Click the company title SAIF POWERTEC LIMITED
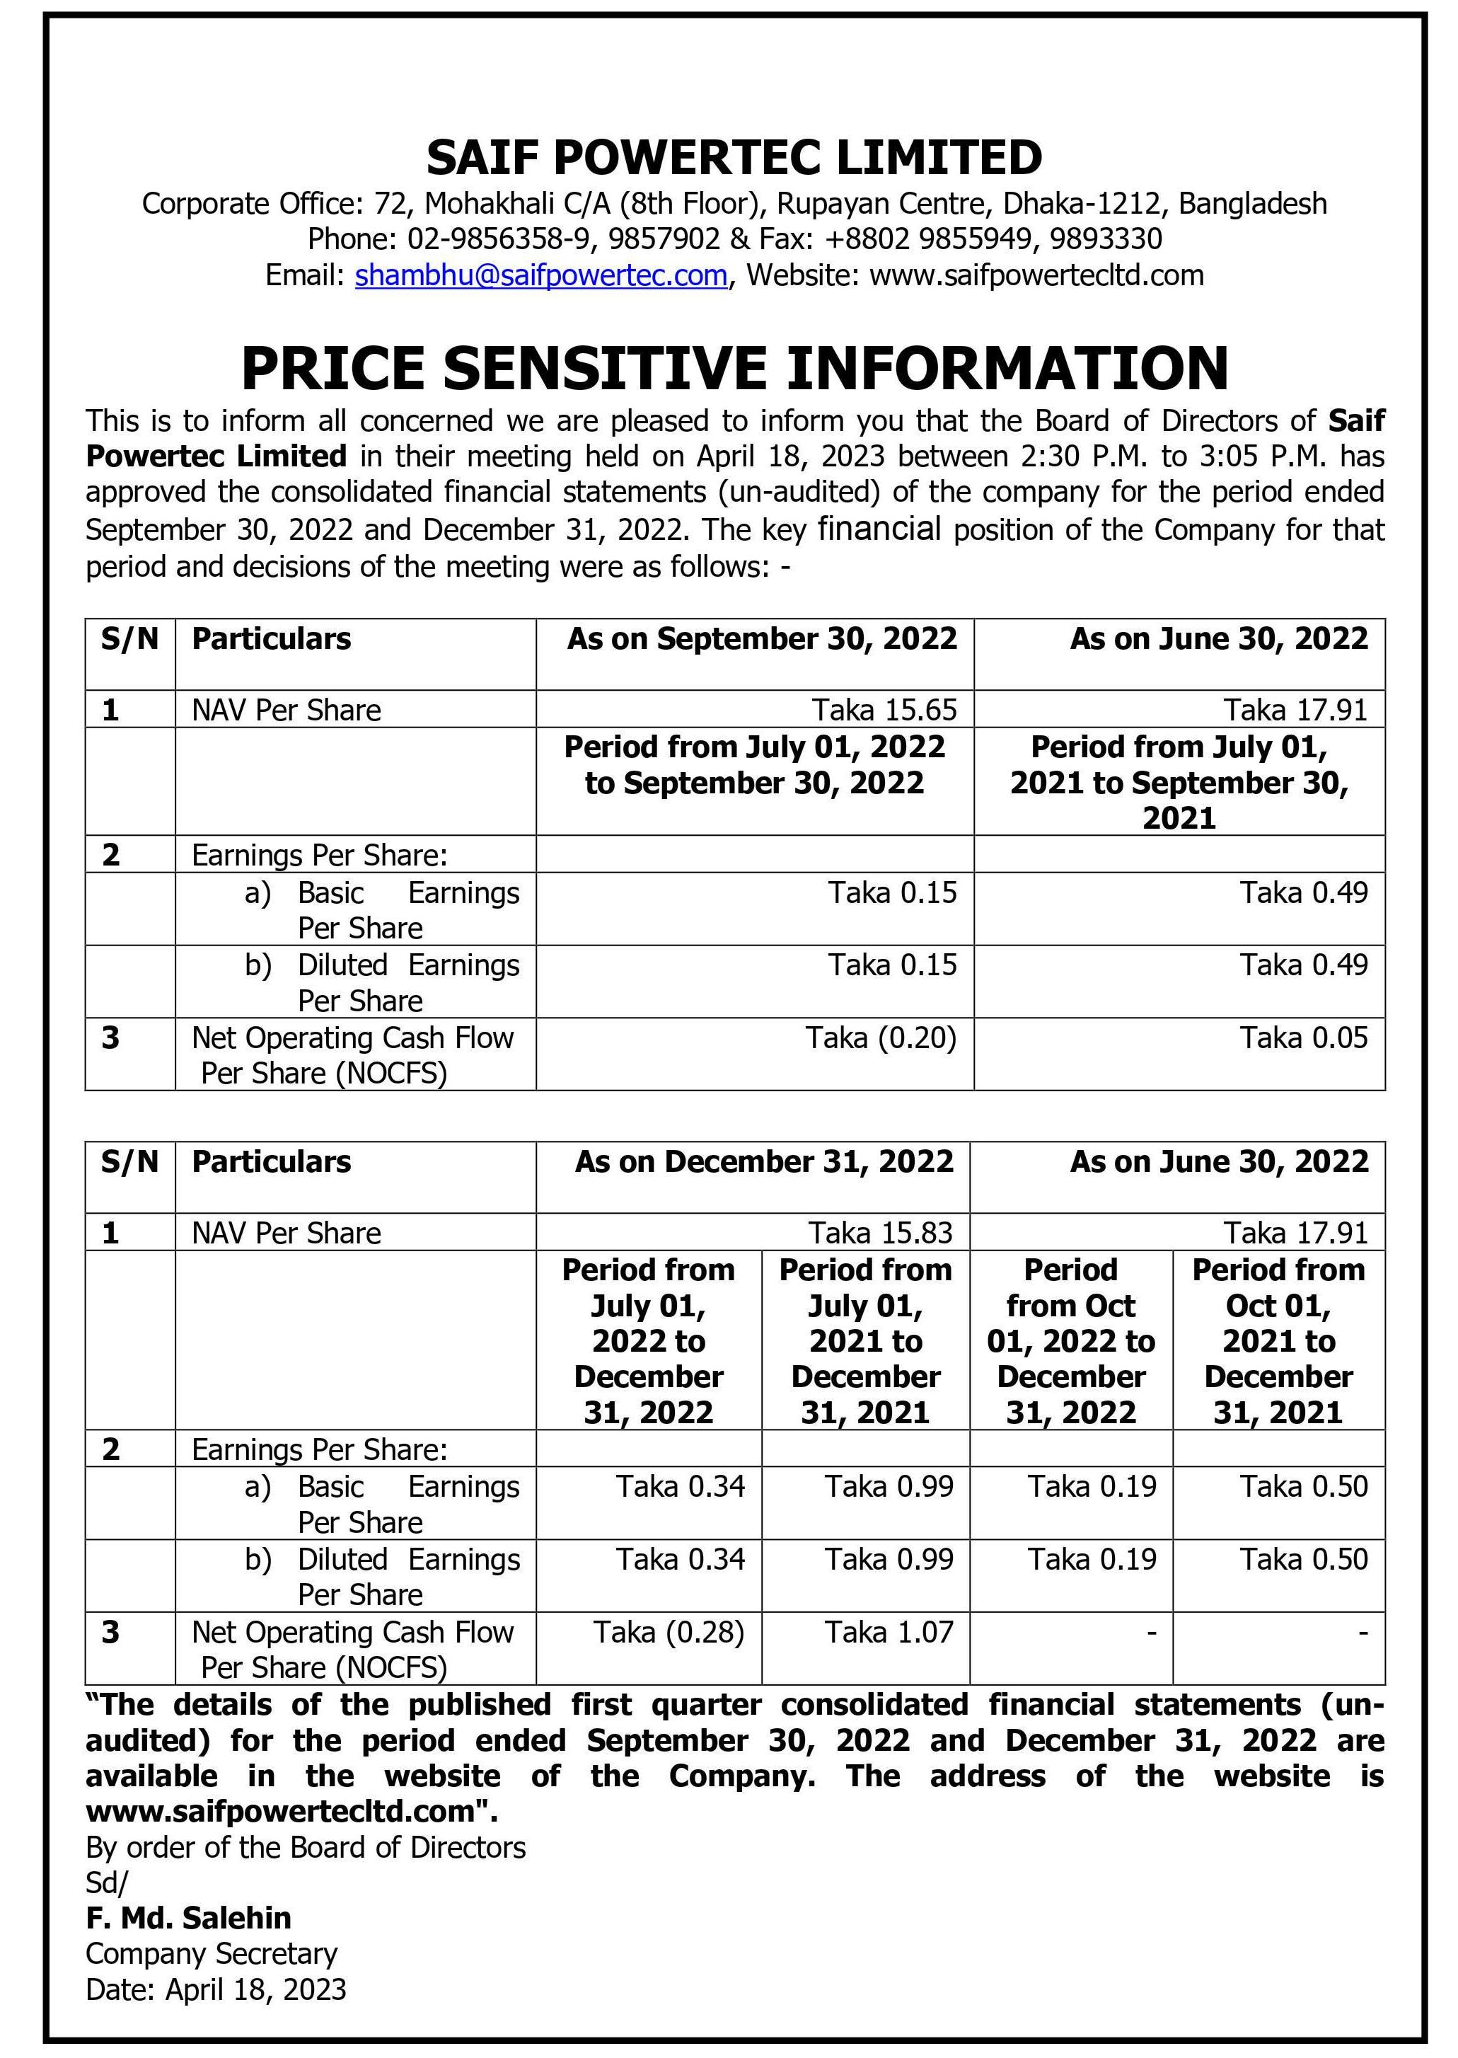pos(734,158)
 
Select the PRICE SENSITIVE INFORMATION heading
pos(734,368)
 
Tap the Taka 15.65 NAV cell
pos(884,711)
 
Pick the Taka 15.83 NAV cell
pos(880,1233)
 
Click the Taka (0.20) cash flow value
pos(881,1038)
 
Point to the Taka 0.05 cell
pos(1304,1038)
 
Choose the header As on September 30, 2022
pos(761,639)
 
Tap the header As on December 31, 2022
pos(764,1162)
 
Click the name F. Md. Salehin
pos(189,1918)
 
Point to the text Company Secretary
pos(212,1953)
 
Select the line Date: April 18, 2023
pos(216,1989)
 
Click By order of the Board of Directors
pos(305,1847)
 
